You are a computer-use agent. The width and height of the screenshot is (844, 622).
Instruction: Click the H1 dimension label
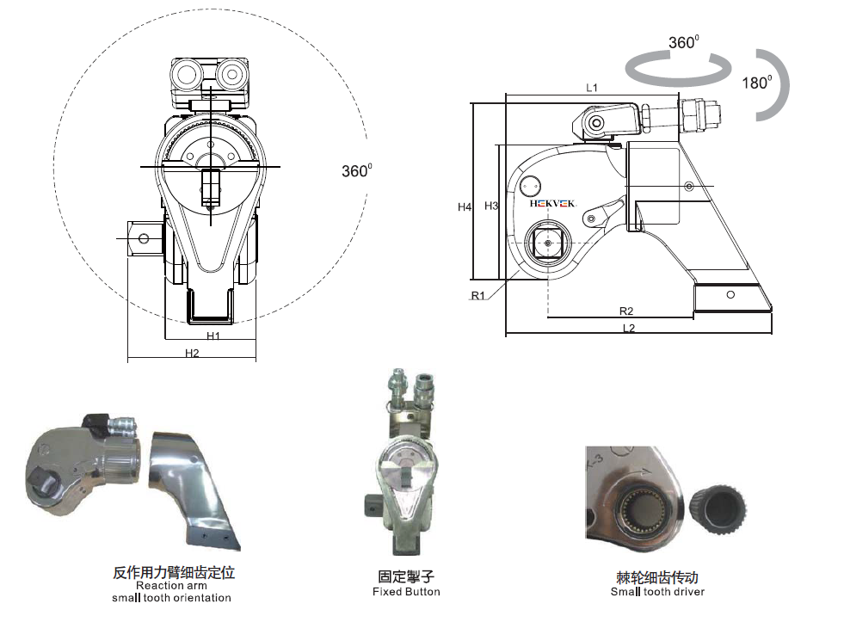click(213, 336)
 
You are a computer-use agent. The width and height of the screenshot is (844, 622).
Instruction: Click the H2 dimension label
click(192, 353)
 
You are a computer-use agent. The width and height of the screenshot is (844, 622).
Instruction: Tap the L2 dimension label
click(628, 328)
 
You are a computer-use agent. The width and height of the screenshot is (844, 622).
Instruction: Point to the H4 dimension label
click(465, 206)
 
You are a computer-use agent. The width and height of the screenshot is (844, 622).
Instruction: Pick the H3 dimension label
click(491, 206)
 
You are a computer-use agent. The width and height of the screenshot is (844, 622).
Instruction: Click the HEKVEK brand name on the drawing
click(554, 204)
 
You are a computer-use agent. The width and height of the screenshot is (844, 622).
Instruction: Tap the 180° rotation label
click(756, 83)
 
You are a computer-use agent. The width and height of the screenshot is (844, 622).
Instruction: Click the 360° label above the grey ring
click(683, 42)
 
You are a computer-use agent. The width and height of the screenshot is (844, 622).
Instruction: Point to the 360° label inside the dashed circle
click(356, 170)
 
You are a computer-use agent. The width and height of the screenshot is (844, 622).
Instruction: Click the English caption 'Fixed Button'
click(406, 592)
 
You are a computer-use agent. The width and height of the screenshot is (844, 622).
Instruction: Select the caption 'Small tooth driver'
click(657, 592)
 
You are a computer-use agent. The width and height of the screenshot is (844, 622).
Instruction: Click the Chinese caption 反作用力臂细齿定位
click(174, 572)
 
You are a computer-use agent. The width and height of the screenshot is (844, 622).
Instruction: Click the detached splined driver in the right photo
click(719, 495)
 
